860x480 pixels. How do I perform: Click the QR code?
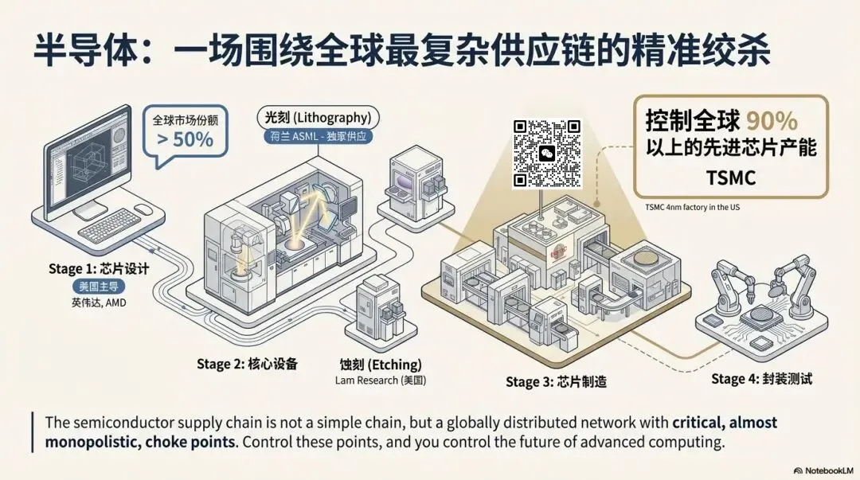(x=546, y=154)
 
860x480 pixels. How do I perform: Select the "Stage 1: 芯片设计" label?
(x=98, y=270)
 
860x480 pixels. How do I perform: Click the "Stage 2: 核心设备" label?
(x=247, y=364)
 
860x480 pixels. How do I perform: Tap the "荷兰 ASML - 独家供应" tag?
(x=318, y=137)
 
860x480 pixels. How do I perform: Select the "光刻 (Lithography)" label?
(x=317, y=117)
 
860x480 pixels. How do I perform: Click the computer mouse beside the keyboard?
(x=143, y=209)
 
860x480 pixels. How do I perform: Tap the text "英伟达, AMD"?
(x=98, y=302)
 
